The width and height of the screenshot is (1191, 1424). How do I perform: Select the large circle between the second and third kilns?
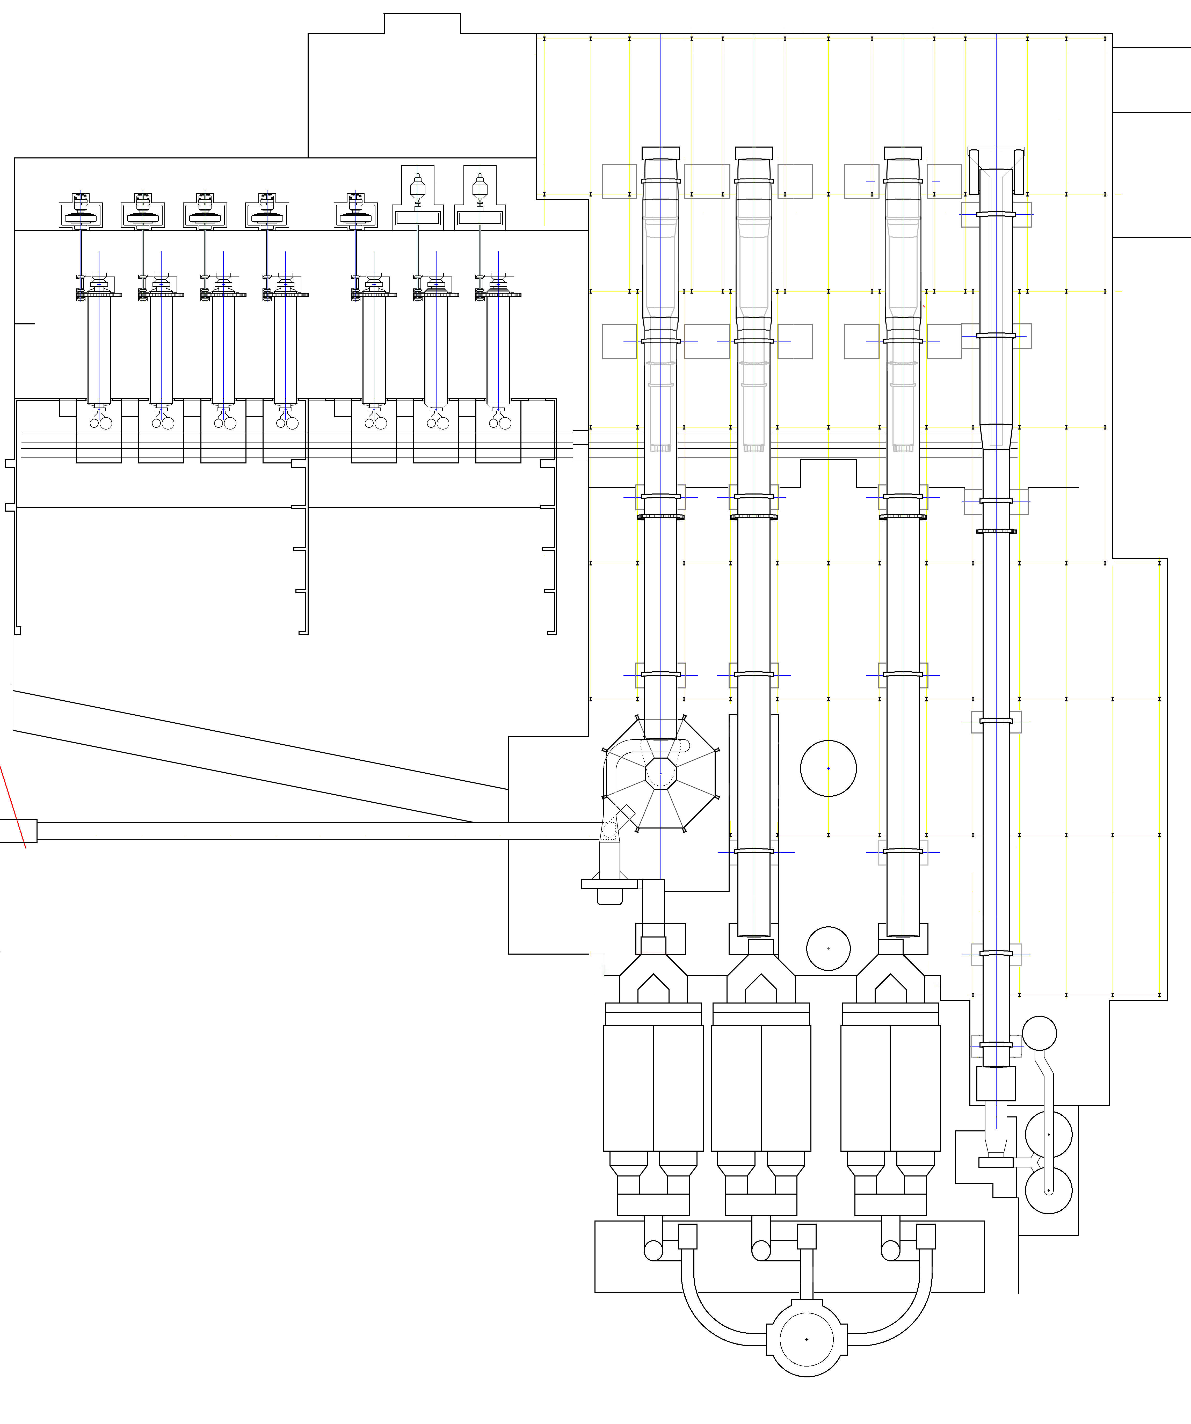(828, 768)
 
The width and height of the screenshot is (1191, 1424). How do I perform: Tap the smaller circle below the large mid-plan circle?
(828, 948)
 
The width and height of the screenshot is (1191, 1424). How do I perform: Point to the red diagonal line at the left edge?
(12, 807)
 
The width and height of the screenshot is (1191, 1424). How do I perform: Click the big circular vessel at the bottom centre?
(807, 1339)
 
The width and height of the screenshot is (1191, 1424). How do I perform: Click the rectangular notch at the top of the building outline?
(422, 23)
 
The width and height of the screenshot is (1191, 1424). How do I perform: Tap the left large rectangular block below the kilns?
(653, 1087)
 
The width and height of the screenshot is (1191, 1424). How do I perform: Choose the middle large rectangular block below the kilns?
(761, 1087)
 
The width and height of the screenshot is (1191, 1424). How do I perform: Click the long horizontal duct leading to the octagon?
(319, 831)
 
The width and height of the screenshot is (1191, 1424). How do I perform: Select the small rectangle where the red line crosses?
(18, 831)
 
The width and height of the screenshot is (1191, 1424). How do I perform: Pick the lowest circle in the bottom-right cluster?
(1049, 1190)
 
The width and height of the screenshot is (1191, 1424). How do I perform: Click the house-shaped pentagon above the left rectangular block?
(653, 989)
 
